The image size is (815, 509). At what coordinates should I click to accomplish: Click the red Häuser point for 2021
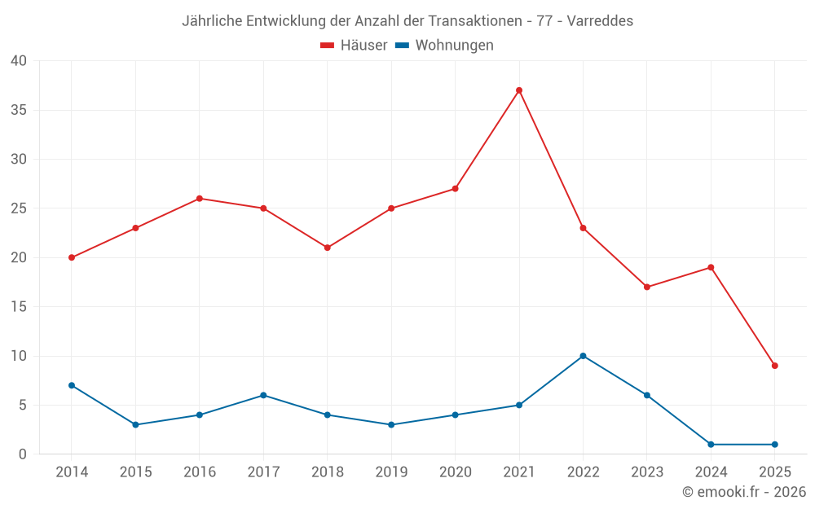(x=519, y=90)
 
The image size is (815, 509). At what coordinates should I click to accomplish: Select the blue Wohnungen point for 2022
(x=583, y=356)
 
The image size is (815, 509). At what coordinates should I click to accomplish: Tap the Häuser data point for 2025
(x=774, y=366)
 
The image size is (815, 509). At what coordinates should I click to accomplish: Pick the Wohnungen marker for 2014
(x=72, y=385)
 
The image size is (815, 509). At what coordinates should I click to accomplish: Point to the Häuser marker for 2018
(x=328, y=248)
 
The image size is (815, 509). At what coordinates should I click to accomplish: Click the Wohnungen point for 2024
(x=711, y=445)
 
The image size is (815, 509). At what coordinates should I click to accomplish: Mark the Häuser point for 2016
(x=200, y=199)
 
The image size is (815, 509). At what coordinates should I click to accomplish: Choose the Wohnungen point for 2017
(x=263, y=395)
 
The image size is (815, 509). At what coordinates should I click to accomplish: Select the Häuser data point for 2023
(x=647, y=287)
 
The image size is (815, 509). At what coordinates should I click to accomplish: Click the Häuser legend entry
(x=354, y=46)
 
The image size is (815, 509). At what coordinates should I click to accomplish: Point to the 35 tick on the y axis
(x=19, y=110)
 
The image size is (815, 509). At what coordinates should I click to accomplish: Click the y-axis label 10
(x=19, y=356)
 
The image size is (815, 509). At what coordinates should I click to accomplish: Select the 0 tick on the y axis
(x=23, y=454)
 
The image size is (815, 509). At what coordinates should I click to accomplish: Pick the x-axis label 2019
(x=391, y=472)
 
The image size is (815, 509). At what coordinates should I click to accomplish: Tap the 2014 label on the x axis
(x=72, y=472)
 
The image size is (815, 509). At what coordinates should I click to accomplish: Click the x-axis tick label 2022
(x=583, y=472)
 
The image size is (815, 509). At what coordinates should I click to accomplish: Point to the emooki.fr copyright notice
(x=744, y=492)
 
